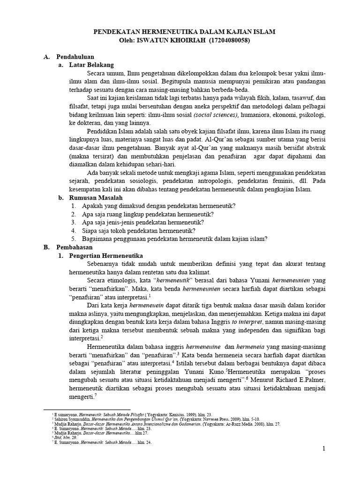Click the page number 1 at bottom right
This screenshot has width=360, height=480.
coord(323,449)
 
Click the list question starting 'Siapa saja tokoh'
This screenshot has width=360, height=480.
coord(139,231)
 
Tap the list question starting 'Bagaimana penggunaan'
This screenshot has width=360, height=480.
coord(175,239)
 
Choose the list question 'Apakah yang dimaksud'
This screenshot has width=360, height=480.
coord(158,206)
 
